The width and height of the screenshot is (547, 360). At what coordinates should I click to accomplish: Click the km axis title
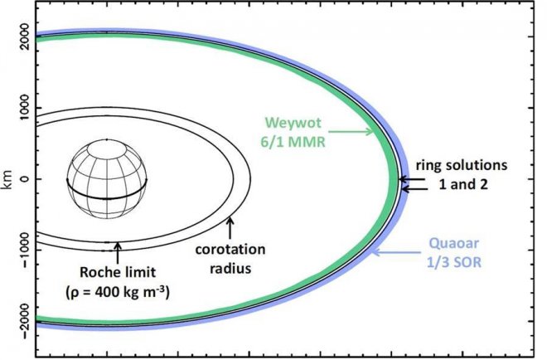(x=7, y=179)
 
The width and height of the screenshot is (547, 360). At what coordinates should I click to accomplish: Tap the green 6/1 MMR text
(x=293, y=142)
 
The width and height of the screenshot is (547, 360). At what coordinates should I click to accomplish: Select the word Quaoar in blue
(x=454, y=243)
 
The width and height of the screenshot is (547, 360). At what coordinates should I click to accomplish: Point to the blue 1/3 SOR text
(x=454, y=262)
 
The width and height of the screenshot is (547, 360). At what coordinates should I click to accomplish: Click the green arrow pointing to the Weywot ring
(x=351, y=132)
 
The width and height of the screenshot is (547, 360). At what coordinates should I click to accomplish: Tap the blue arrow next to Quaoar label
(x=396, y=252)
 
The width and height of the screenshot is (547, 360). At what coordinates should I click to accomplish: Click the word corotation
(x=230, y=250)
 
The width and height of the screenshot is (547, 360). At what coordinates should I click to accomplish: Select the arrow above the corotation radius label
(x=230, y=227)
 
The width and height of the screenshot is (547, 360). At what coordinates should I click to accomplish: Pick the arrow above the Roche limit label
(x=118, y=253)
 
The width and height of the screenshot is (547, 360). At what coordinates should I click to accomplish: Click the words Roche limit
(x=118, y=272)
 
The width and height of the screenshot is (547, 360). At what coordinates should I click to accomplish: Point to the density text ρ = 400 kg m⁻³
(x=118, y=291)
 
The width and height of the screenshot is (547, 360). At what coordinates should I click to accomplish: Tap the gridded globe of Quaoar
(x=107, y=179)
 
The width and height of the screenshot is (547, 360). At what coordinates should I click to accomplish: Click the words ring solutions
(x=461, y=165)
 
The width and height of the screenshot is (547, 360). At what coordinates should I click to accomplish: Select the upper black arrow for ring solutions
(x=412, y=179)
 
